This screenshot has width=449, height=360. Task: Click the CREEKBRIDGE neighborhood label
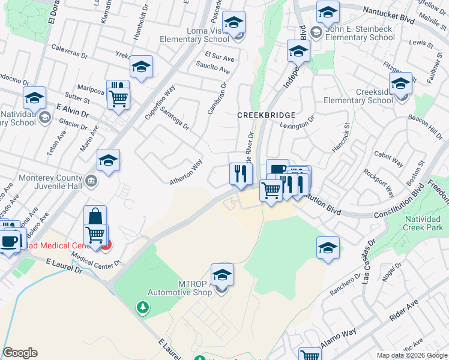(x=266, y=115)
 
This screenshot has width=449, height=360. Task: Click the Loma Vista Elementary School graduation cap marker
(x=234, y=23)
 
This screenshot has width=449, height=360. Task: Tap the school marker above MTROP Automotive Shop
(x=222, y=275)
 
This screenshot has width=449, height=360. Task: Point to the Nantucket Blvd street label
(x=390, y=14)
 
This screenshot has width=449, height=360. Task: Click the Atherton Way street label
(x=185, y=172)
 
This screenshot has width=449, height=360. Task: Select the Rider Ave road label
(x=404, y=312)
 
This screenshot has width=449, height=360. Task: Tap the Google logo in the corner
(x=20, y=353)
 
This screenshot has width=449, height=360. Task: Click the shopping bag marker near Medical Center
(x=95, y=217)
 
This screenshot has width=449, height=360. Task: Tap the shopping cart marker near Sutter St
(x=119, y=98)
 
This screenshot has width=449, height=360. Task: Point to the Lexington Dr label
(x=297, y=124)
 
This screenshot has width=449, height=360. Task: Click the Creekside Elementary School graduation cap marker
(x=400, y=84)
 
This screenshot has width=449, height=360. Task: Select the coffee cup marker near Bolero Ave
(x=8, y=241)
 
